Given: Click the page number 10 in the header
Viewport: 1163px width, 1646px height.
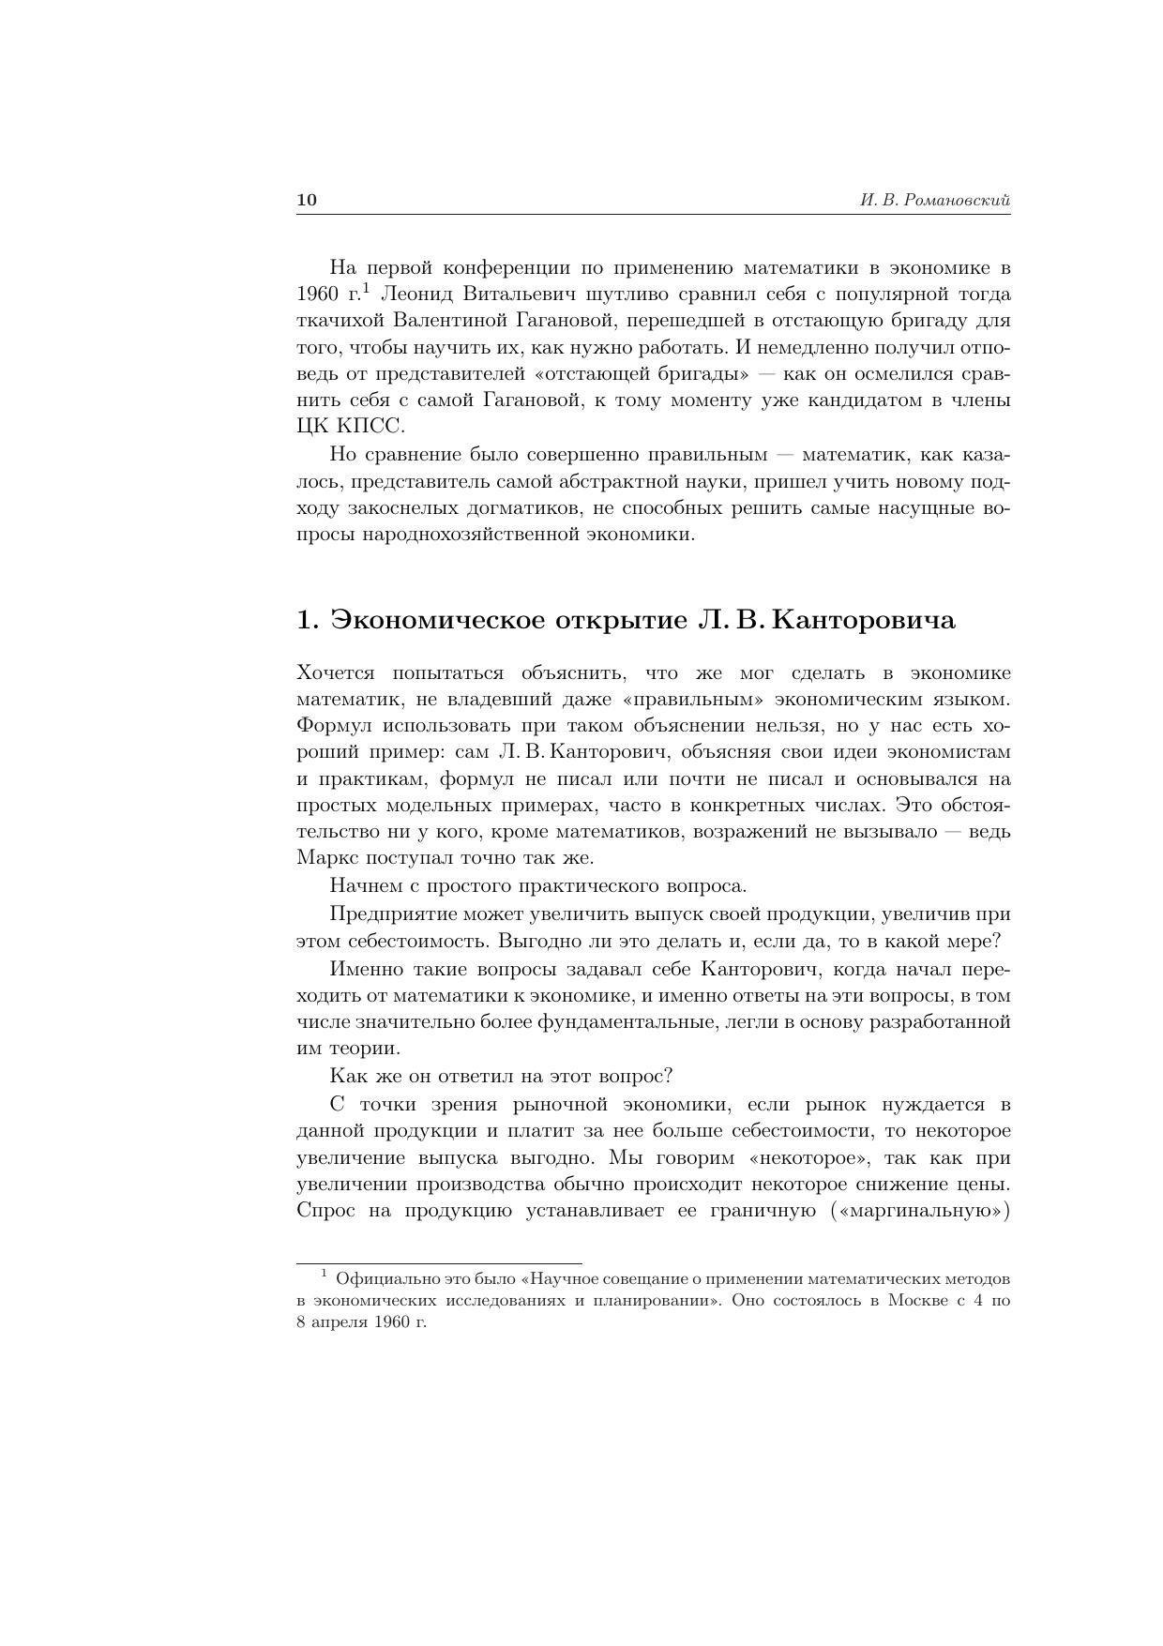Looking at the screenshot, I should click(x=307, y=200).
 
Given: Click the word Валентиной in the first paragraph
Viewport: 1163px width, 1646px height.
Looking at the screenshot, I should click(x=450, y=321).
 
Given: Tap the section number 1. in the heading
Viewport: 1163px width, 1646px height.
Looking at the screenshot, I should click(x=309, y=621).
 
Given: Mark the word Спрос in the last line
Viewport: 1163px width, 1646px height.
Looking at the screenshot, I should click(x=325, y=1211).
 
